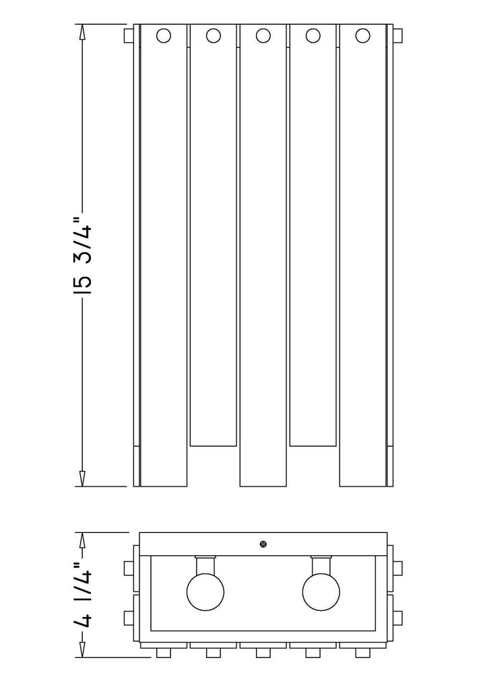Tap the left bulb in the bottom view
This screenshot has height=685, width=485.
[204, 590]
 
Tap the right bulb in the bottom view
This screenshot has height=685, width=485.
[321, 590]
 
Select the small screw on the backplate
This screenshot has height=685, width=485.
[263, 544]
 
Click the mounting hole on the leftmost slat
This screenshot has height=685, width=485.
[164, 35]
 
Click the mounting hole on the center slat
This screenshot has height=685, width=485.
[263, 35]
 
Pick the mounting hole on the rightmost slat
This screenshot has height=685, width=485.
[363, 35]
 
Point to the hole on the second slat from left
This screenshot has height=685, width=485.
[214, 35]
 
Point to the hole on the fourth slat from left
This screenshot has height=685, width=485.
[313, 35]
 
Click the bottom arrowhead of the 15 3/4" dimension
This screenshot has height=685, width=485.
[82, 478]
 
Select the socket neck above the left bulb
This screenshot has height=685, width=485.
[204, 563]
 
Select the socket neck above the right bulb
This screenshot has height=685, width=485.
[321, 563]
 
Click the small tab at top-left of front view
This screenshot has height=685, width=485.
[128, 35]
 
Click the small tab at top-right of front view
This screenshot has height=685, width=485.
[398, 35]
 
